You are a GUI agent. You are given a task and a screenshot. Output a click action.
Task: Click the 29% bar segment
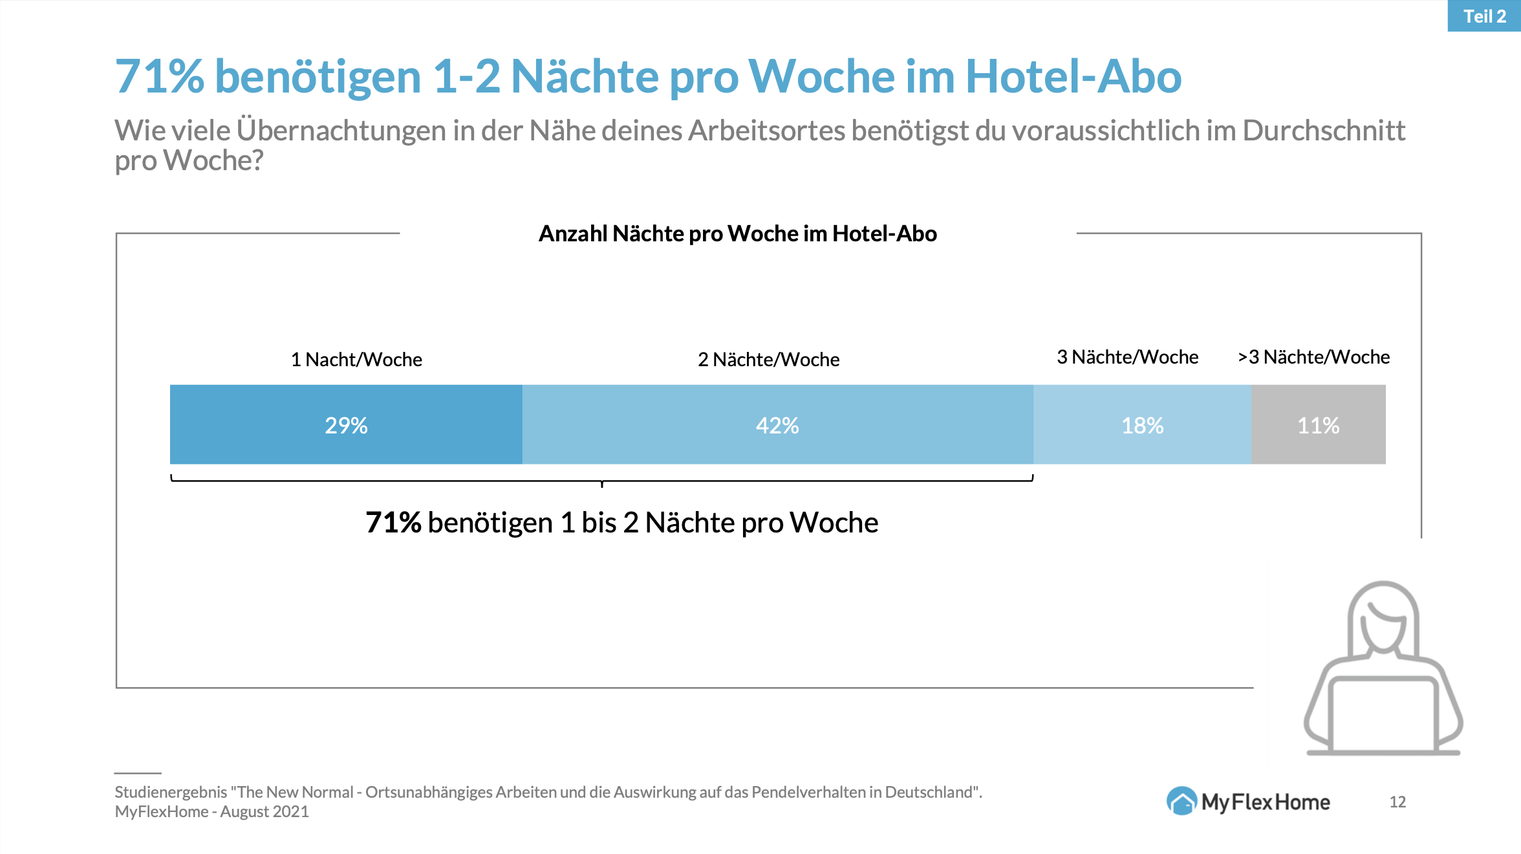[x=346, y=424]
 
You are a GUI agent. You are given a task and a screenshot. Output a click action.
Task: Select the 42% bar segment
[x=777, y=424]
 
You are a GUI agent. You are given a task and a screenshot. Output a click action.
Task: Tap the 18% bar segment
[x=1142, y=424]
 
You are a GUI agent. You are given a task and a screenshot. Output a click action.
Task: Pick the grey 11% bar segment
[x=1318, y=424]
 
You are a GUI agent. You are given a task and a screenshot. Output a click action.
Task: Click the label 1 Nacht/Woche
[x=356, y=359]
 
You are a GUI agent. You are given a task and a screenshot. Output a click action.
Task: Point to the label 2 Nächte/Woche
[x=768, y=359]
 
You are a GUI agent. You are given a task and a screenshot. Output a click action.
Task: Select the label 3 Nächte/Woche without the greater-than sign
[x=1127, y=356]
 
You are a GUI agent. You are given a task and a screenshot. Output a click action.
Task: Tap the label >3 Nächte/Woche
[x=1313, y=356]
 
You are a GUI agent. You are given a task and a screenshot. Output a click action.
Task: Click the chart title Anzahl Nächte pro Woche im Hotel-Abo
[x=737, y=234]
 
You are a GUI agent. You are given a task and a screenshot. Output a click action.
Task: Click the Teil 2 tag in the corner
[x=1484, y=16]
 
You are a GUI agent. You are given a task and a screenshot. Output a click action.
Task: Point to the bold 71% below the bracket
[x=393, y=522]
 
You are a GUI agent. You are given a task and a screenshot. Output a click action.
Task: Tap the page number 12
[x=1397, y=802]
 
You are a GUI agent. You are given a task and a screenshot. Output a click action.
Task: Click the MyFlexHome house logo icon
[x=1181, y=801]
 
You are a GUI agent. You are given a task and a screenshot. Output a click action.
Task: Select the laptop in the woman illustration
[x=1383, y=715]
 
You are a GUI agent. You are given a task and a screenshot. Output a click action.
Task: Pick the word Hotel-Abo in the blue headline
[x=1073, y=76]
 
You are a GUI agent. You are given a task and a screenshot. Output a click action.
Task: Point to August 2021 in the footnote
[x=264, y=812]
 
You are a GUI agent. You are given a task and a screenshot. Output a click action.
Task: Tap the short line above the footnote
[x=138, y=773]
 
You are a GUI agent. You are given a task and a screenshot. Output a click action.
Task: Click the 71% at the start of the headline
[x=159, y=76]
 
